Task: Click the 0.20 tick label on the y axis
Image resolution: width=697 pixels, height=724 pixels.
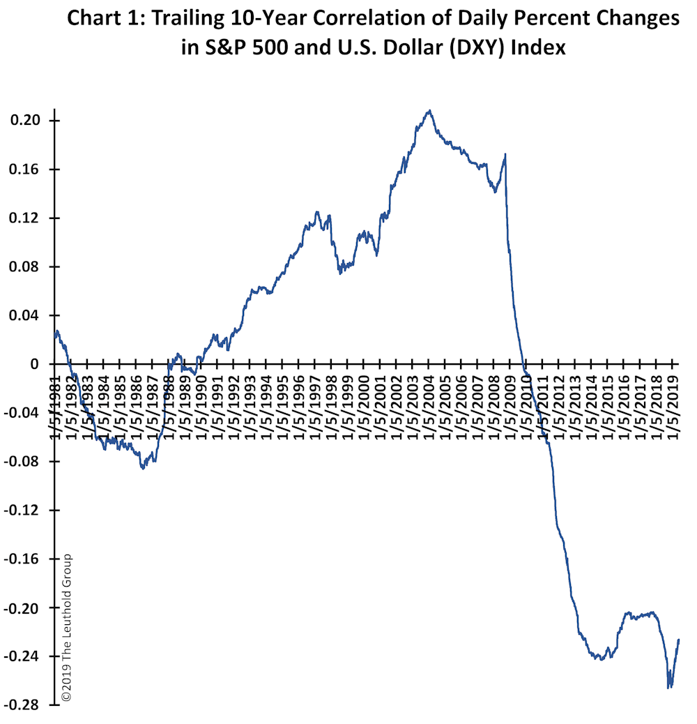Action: [x=25, y=121]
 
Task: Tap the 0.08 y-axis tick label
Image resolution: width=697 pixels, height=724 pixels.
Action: [x=25, y=267]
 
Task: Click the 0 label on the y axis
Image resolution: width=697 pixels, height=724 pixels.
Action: [x=35, y=364]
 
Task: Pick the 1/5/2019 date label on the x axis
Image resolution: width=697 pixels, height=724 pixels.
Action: [x=673, y=407]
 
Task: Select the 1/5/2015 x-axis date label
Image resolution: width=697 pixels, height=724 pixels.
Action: [x=608, y=407]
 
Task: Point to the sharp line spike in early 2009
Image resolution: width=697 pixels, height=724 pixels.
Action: [x=505, y=154]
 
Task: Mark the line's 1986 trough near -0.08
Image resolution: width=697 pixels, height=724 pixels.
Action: [x=143, y=468]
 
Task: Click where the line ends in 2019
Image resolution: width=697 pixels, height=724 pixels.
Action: [x=679, y=640]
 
